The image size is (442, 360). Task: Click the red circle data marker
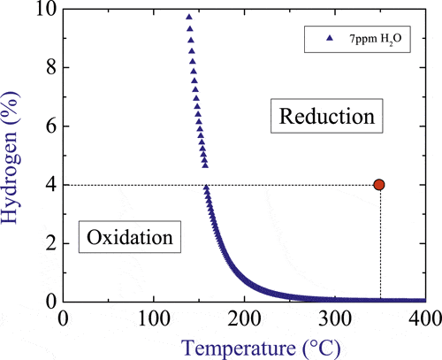pyautogui.click(x=379, y=184)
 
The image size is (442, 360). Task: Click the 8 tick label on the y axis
pyautogui.click(x=49, y=67)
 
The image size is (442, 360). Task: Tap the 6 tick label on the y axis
pyautogui.click(x=49, y=126)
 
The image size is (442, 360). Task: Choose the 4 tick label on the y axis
pyautogui.click(x=49, y=185)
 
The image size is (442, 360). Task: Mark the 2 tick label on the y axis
pyautogui.click(x=49, y=243)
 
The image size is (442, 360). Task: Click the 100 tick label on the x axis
pyautogui.click(x=153, y=317)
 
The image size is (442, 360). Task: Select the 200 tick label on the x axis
pyautogui.click(x=244, y=317)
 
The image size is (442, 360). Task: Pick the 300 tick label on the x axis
pyautogui.click(x=334, y=317)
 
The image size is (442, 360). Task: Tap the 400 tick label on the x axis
pyautogui.click(x=424, y=317)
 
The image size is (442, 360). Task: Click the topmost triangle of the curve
pyautogui.click(x=188, y=17)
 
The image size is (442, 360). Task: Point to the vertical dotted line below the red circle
pyautogui.click(x=380, y=248)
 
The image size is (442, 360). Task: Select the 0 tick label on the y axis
pyautogui.click(x=49, y=302)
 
